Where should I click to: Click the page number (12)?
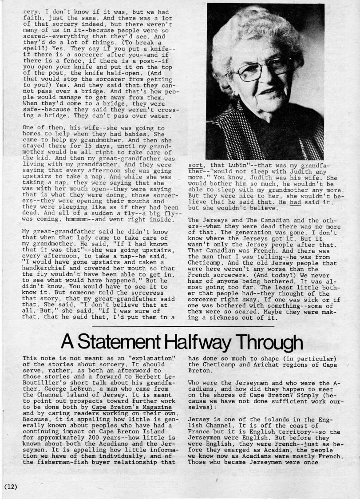[11, 487]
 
